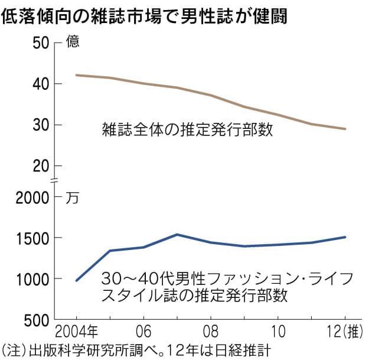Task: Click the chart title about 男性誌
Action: click(x=145, y=16)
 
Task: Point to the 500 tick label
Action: click(x=35, y=320)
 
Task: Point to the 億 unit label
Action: click(x=72, y=43)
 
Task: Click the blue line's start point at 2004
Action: click(x=77, y=280)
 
